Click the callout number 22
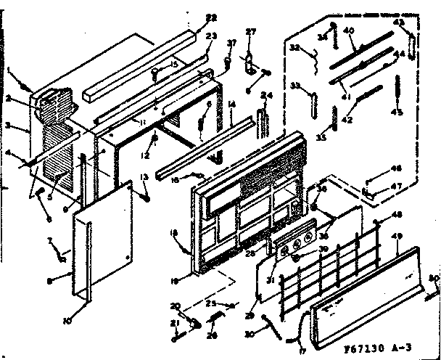[191, 17]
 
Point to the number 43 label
[398, 22]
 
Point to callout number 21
[174, 323]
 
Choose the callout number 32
[295, 48]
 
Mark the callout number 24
[266, 95]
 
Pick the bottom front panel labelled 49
[363, 290]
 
